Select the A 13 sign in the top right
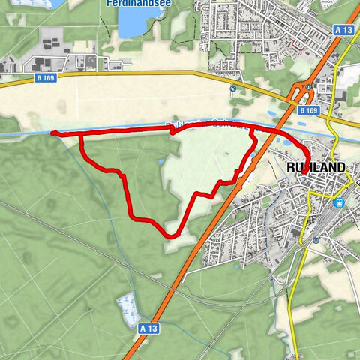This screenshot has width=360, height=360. [344, 29]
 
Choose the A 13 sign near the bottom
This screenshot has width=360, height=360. [148, 327]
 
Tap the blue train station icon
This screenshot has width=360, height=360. [339, 202]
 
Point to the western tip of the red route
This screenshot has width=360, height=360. [52, 133]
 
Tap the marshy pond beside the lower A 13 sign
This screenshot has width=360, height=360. [127, 307]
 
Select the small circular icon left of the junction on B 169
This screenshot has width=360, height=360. [233, 88]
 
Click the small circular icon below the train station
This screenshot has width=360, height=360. [316, 240]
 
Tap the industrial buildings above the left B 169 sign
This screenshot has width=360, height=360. [45, 52]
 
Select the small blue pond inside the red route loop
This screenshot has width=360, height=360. [160, 160]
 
